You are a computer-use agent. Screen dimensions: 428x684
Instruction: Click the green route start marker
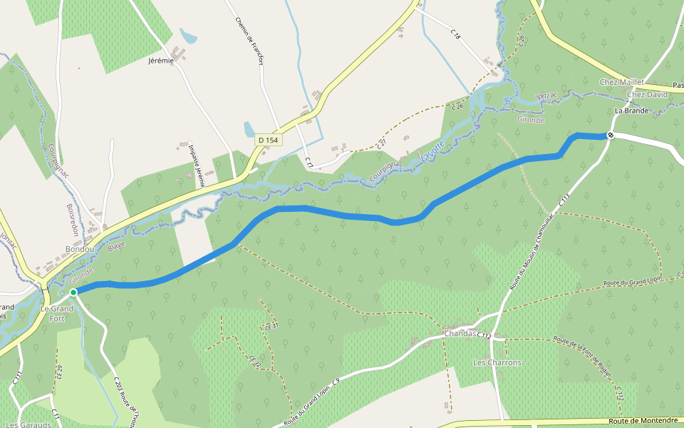click(x=73, y=292)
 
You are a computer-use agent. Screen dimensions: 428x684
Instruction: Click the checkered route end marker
click(x=611, y=136)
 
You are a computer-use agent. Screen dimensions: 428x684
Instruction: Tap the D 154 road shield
click(x=269, y=141)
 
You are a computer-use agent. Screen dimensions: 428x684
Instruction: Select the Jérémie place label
click(x=161, y=61)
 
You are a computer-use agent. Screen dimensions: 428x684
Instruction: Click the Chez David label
click(x=647, y=94)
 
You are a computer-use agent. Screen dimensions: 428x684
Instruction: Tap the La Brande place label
click(x=631, y=111)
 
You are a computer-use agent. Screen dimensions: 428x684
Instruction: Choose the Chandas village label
click(x=460, y=333)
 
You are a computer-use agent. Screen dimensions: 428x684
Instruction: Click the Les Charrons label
click(x=497, y=362)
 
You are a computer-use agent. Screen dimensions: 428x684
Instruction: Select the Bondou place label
click(x=80, y=249)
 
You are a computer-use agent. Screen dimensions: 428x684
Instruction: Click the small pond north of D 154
click(x=249, y=129)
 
